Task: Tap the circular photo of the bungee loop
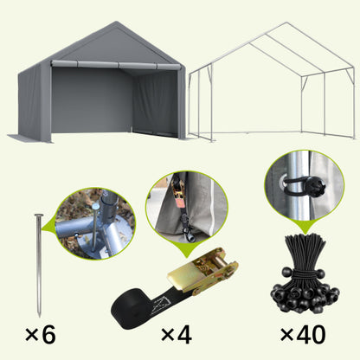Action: tap(300, 184)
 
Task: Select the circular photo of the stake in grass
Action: tap(95, 224)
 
